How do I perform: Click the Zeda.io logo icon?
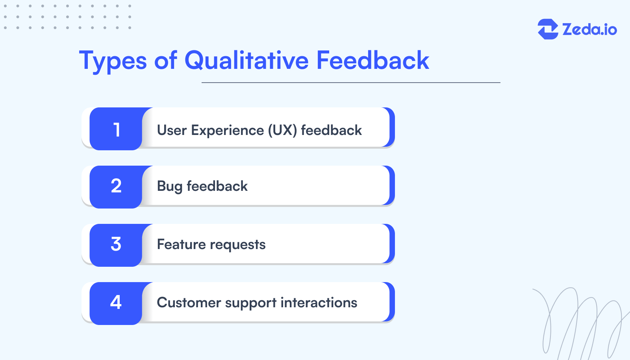pyautogui.click(x=548, y=29)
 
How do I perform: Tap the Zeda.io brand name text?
pyautogui.click(x=589, y=30)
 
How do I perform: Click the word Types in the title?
pyautogui.click(x=113, y=61)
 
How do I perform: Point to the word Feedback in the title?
pyautogui.click(x=372, y=61)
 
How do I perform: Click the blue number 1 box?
pyautogui.click(x=116, y=129)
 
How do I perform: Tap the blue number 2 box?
pyautogui.click(x=116, y=187)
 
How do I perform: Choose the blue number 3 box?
pyautogui.click(x=116, y=245)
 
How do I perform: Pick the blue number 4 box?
pyautogui.click(x=116, y=303)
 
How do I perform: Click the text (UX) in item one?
pyautogui.click(x=282, y=131)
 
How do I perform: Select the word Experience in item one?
pyautogui.click(x=227, y=130)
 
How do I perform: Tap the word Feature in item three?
pyautogui.click(x=181, y=244)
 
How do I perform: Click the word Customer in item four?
pyautogui.click(x=189, y=303)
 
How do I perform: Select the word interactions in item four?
pyautogui.click(x=319, y=303)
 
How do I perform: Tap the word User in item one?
pyautogui.click(x=172, y=130)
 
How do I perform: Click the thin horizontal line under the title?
pyautogui.click(x=350, y=83)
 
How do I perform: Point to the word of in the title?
pyautogui.click(x=165, y=61)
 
